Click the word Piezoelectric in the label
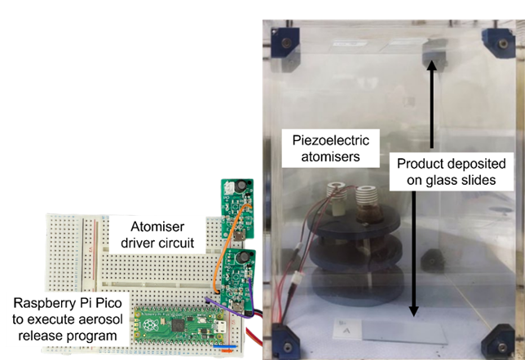(x=331, y=141)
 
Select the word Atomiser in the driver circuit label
(x=157, y=226)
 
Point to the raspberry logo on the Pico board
(x=150, y=324)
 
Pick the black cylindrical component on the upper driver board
(x=240, y=187)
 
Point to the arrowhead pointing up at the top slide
(x=432, y=64)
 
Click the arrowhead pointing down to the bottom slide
(x=414, y=311)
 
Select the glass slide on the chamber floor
(x=405, y=331)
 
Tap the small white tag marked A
(x=346, y=329)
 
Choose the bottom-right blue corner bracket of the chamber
(x=498, y=342)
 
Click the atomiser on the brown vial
(x=368, y=204)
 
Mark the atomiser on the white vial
(x=337, y=199)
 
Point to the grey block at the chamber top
(x=435, y=52)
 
